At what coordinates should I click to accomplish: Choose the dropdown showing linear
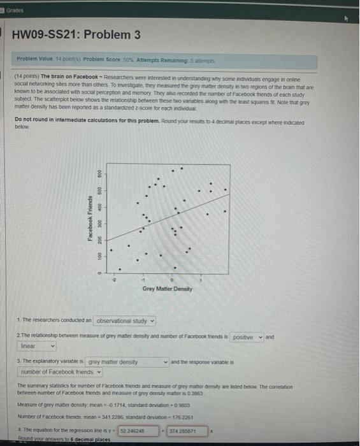point(37,346)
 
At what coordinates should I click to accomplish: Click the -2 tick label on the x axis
point(115,279)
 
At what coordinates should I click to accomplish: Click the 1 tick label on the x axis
point(201,279)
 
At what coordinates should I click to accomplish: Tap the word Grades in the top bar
point(14,9)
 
